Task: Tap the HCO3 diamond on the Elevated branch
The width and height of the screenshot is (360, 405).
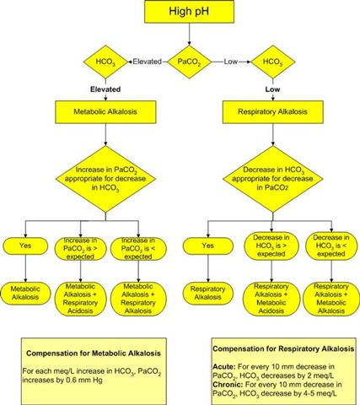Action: [x=102, y=62]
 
